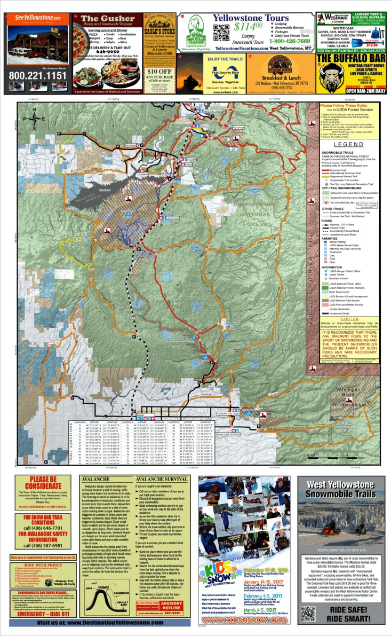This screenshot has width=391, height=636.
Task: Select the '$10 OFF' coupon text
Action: [159, 71]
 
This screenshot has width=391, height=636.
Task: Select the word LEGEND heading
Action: [348, 144]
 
